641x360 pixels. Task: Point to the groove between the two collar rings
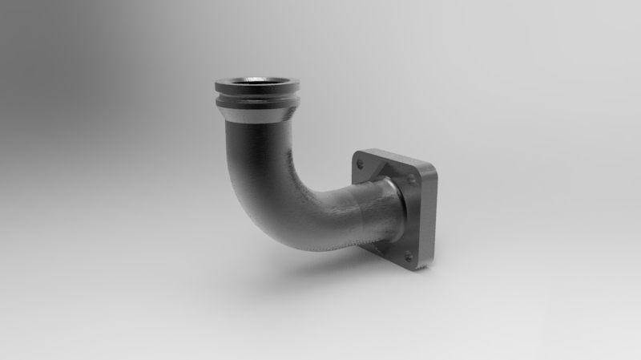click(x=256, y=97)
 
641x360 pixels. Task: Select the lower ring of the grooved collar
click(x=256, y=105)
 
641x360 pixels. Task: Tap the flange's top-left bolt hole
click(x=360, y=164)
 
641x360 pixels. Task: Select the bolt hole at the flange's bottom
click(x=407, y=256)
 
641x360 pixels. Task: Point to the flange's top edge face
click(x=397, y=156)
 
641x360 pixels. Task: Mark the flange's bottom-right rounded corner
click(x=423, y=265)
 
